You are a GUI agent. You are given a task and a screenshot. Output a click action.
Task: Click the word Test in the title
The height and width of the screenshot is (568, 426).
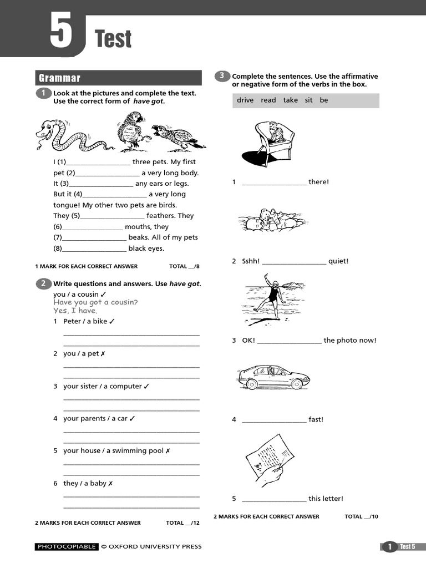tap(113, 39)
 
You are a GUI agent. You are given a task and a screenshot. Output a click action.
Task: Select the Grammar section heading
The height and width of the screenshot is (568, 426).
tap(59, 78)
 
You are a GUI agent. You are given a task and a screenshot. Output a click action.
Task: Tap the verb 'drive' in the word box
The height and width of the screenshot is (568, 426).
tap(245, 100)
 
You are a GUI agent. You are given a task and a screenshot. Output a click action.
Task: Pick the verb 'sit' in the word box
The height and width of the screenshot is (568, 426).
tap(309, 100)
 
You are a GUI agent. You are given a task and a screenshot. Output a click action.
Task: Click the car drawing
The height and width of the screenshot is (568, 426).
tap(273, 377)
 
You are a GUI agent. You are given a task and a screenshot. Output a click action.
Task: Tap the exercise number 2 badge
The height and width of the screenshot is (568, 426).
tap(43, 283)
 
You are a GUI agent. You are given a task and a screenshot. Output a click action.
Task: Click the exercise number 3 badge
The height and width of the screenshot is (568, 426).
tap(222, 76)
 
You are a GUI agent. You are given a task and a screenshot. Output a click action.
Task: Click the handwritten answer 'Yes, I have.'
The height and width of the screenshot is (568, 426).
tap(75, 311)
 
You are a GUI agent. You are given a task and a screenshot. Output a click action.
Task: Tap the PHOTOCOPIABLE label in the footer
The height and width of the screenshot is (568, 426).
tap(67, 547)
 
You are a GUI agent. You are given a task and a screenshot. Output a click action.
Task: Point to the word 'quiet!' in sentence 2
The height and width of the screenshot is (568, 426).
tap(338, 261)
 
